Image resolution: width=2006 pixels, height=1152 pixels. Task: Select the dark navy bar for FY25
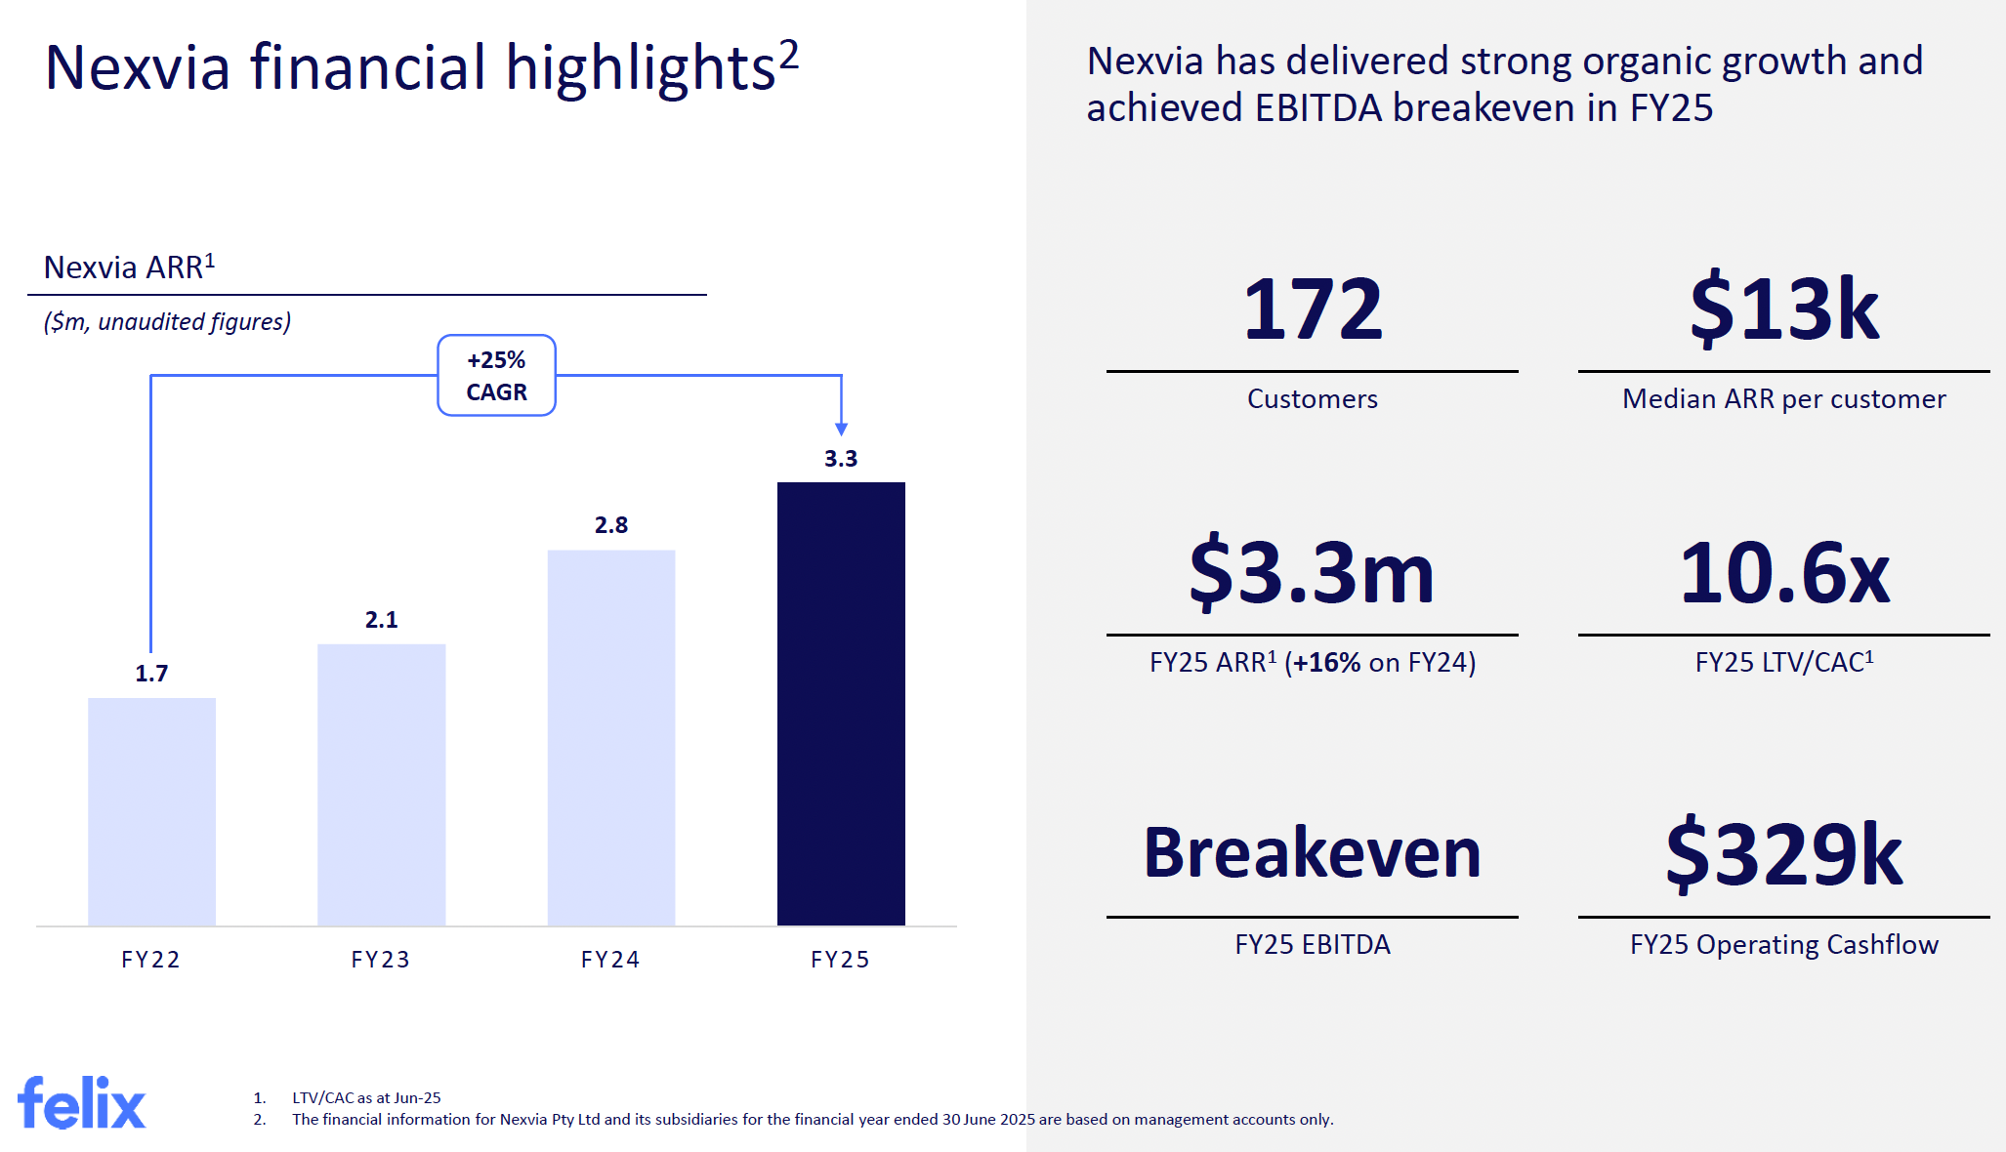[x=841, y=703]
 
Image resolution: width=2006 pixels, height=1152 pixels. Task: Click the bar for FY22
[x=151, y=811]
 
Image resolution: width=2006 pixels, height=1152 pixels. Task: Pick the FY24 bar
[x=610, y=737]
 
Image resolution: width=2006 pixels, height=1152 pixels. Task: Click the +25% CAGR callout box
[x=496, y=376]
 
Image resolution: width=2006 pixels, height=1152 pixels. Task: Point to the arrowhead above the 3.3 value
[x=841, y=430]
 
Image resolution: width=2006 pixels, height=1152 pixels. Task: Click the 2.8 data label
[x=611, y=525]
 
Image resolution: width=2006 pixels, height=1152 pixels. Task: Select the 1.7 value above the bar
[x=151, y=674]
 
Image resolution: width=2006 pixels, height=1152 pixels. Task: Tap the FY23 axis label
[x=381, y=960]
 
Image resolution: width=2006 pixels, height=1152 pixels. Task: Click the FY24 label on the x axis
[x=610, y=960]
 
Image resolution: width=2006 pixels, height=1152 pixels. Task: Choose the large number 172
[x=1312, y=309]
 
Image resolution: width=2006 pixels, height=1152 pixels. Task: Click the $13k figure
[x=1783, y=309]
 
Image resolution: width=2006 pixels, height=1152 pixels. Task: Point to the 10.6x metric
[x=1783, y=573]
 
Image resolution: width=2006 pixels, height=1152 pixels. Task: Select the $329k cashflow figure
[x=1783, y=855]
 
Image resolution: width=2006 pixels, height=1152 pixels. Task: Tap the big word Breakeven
[x=1312, y=853]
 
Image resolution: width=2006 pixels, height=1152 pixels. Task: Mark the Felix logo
[x=82, y=1103]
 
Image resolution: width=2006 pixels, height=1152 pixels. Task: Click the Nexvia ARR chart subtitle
[x=129, y=267]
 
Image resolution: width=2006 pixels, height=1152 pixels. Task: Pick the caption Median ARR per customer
[x=1783, y=399]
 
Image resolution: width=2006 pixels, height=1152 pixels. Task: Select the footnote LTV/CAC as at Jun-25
[x=366, y=1098]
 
